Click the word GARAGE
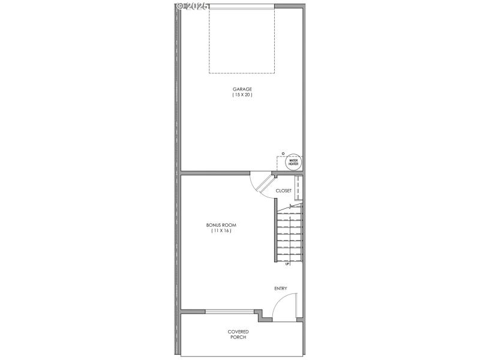(x=242, y=89)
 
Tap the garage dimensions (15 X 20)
(x=242, y=95)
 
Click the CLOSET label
(x=283, y=191)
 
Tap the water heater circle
(x=293, y=161)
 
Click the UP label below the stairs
(x=287, y=264)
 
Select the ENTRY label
(x=281, y=289)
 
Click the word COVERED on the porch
(x=238, y=331)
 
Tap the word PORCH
(x=238, y=337)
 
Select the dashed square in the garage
(x=242, y=40)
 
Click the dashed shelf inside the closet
(x=298, y=188)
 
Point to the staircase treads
(x=290, y=234)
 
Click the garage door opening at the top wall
(x=242, y=6)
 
